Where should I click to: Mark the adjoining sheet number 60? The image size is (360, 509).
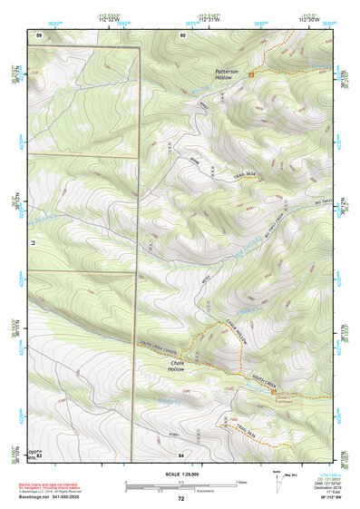182,34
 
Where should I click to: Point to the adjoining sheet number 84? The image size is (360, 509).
181,453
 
